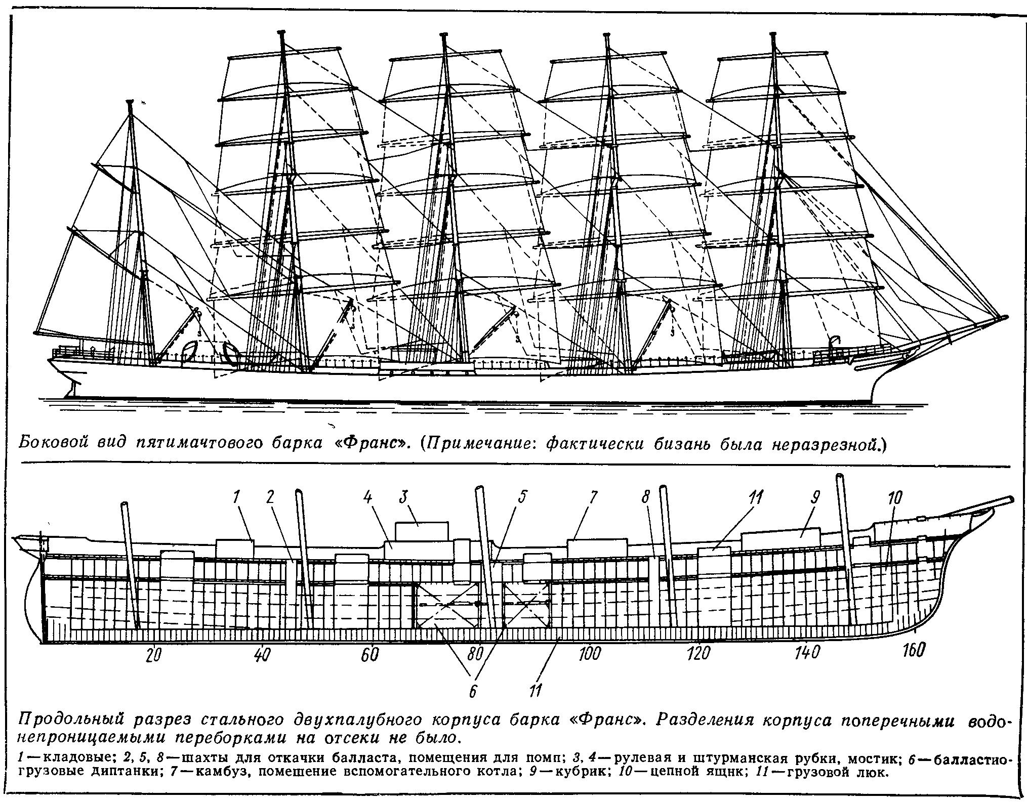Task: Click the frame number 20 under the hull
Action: point(153,655)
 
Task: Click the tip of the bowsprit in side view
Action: point(1006,317)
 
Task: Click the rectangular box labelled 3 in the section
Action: point(422,532)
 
